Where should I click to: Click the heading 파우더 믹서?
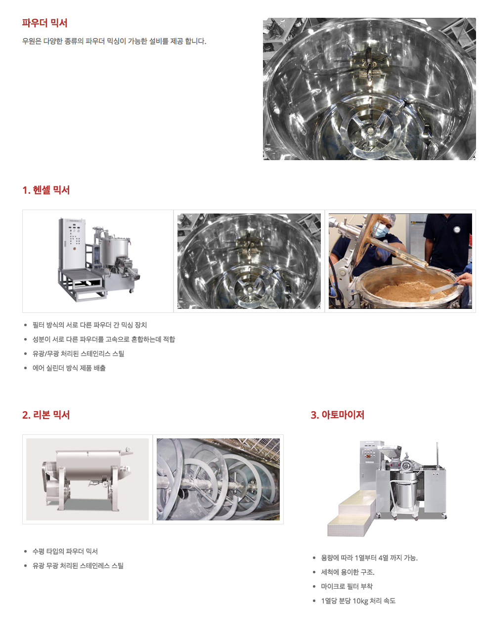44,23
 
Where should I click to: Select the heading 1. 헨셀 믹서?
46,190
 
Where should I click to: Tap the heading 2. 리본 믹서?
46,415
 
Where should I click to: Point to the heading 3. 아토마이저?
337,415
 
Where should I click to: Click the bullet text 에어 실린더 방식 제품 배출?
69,368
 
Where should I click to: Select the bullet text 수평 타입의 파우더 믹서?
65,551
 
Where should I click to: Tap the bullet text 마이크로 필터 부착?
347,586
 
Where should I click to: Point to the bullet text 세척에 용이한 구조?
348,572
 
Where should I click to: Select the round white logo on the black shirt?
457,230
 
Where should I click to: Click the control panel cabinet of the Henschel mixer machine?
72,244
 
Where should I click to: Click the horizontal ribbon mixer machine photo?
87,479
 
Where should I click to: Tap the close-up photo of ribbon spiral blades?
218,479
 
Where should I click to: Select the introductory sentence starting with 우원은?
114,41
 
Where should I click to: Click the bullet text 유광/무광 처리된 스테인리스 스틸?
78,354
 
